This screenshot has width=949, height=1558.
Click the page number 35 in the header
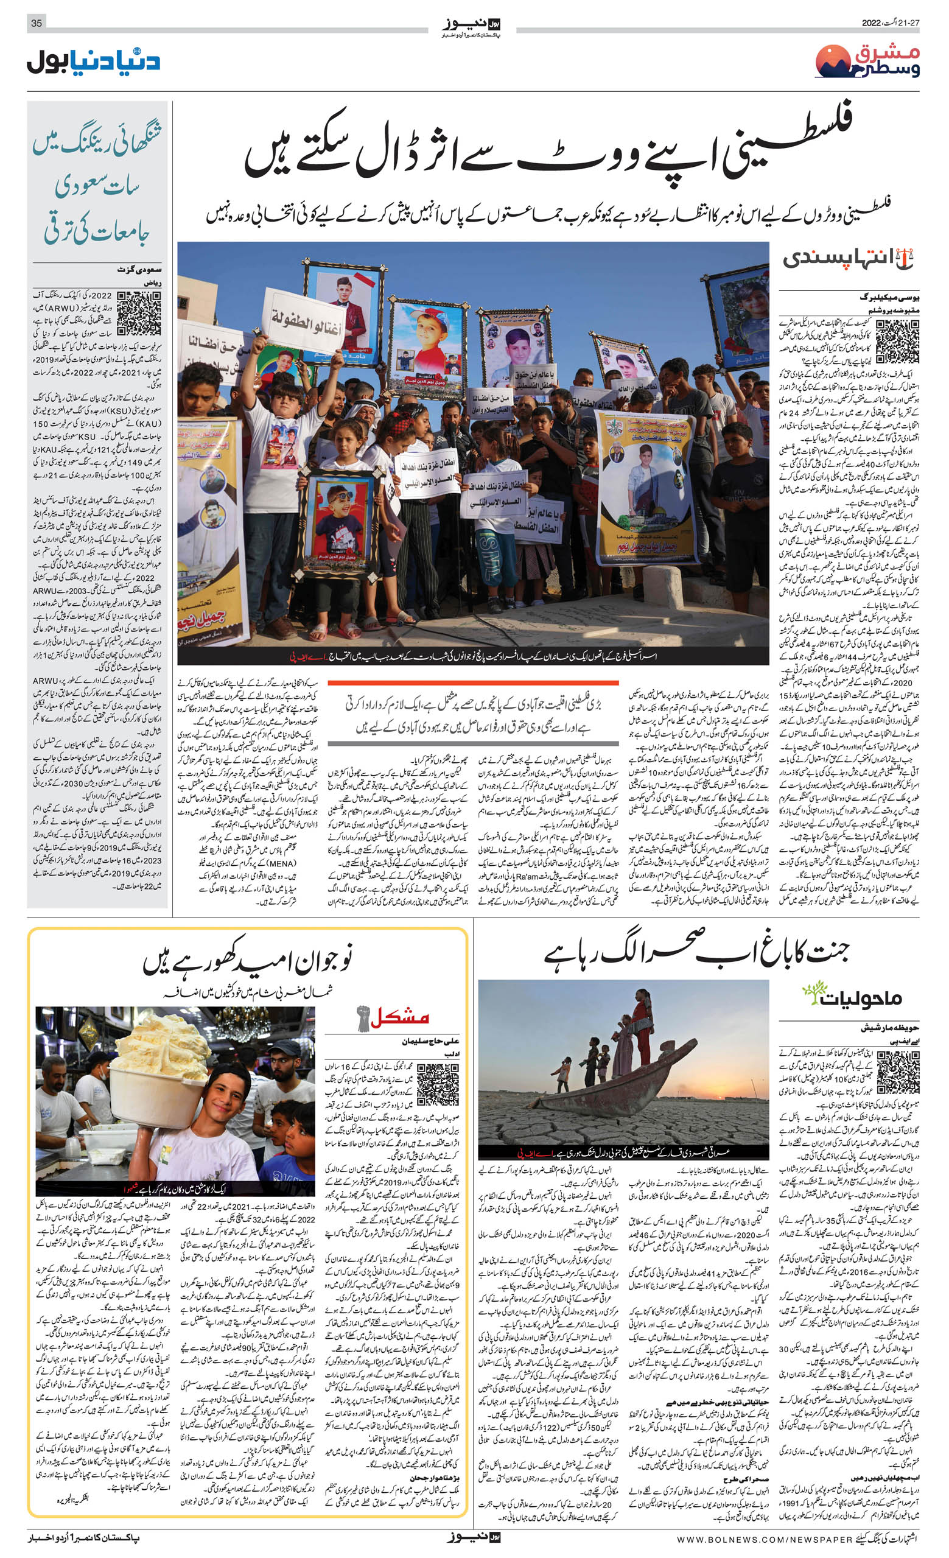(37, 23)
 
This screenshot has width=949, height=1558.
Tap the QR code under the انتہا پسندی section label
(897, 342)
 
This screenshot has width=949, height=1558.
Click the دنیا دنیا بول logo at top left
(94, 62)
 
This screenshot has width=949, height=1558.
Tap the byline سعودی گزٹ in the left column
(140, 269)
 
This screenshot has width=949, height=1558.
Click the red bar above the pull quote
(472, 684)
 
